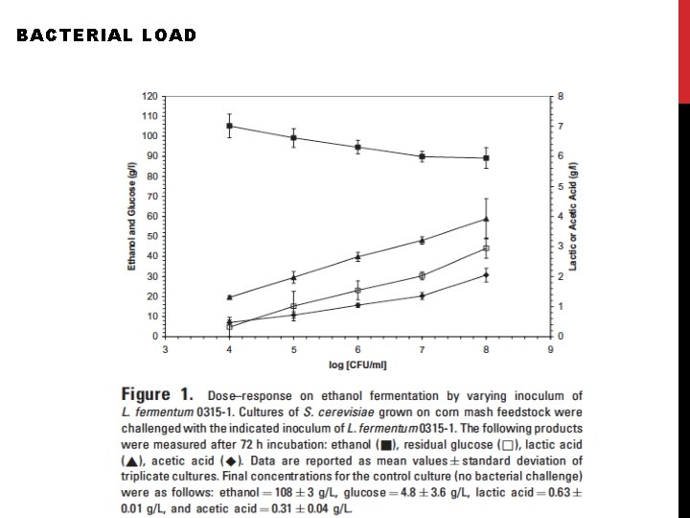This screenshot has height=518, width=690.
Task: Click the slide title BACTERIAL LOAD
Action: click(x=106, y=35)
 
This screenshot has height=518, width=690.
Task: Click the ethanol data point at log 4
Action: click(x=229, y=126)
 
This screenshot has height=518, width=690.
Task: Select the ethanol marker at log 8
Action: click(x=486, y=158)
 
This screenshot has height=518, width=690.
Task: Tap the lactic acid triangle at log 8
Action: click(x=486, y=219)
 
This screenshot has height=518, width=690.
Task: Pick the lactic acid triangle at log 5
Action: click(x=293, y=277)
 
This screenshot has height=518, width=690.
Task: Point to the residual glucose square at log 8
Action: click(x=486, y=248)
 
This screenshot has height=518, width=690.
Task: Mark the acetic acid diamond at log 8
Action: click(x=486, y=275)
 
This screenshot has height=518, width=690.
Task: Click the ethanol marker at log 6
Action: click(x=357, y=148)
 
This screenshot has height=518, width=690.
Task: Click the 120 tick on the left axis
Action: click(x=150, y=96)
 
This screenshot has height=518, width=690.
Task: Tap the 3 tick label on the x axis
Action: click(x=166, y=350)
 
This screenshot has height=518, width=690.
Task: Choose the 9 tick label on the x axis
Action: click(x=550, y=350)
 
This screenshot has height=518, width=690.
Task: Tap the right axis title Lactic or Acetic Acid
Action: click(x=573, y=216)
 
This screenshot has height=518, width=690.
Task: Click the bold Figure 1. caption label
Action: click(x=157, y=395)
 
